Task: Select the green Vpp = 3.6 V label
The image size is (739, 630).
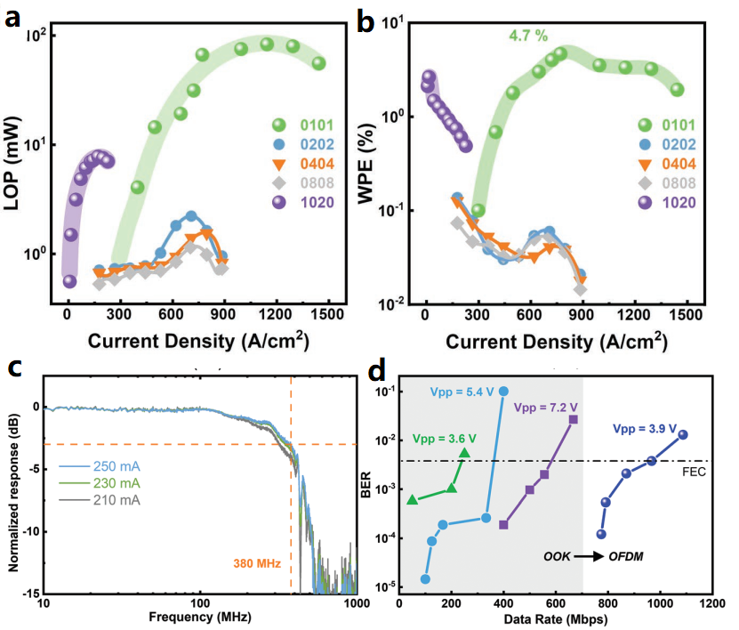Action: (x=444, y=439)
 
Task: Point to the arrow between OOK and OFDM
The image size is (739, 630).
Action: (x=586, y=557)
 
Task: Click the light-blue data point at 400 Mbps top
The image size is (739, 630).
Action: (x=503, y=392)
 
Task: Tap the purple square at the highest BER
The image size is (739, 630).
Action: (x=574, y=419)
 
